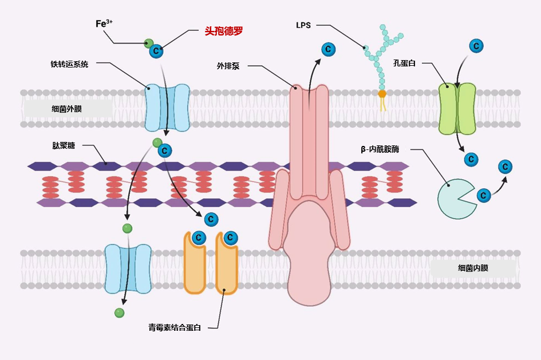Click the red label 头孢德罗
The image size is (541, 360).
pos(224,31)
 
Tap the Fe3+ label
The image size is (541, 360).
pos(104,23)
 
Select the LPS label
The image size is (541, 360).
pos(303,25)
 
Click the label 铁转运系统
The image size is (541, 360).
pos(69,64)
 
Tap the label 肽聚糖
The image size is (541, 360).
pos(64,145)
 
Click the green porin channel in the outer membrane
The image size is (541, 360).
pos(457,108)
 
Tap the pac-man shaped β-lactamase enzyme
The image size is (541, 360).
pos(455,199)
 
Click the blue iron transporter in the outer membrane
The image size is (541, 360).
pos(167,108)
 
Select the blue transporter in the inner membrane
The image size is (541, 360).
pos(128,268)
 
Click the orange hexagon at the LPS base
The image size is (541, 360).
pos(382,93)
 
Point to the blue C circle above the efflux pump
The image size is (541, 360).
pos(328,49)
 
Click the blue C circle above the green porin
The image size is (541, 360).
pos(475,46)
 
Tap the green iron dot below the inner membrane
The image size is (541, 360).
pos(119,312)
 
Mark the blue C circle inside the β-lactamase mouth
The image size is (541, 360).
pos(484,195)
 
